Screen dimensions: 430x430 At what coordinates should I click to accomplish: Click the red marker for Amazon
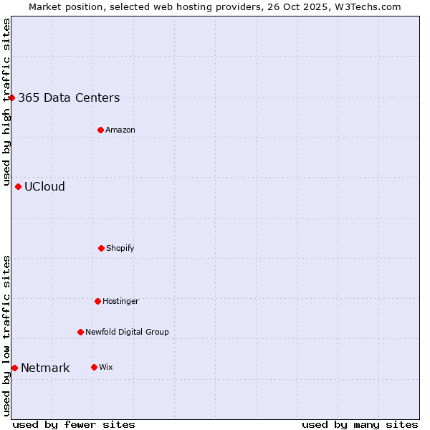[x=100, y=130]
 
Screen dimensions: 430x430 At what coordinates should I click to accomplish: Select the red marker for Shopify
[x=101, y=248]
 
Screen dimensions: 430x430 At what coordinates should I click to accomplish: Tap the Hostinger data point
[x=97, y=301]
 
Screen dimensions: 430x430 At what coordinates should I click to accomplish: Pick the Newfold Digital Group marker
[x=80, y=332]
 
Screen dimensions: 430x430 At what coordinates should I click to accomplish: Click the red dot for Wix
[x=94, y=367]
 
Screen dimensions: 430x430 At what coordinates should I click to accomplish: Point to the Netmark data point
[x=14, y=368]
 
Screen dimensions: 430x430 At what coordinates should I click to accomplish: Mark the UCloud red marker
[x=18, y=186]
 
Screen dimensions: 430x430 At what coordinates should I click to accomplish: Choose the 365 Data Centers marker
[x=12, y=97]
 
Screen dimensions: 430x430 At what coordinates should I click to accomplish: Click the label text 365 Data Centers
[x=69, y=98]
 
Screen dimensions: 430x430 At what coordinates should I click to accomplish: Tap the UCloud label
[x=44, y=187]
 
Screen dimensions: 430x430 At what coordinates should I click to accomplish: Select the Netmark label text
[x=45, y=368]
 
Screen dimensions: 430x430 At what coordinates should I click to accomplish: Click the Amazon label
[x=120, y=130]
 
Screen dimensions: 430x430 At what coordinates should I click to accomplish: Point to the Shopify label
[x=120, y=249]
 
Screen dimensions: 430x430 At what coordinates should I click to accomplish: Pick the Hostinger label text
[x=120, y=302]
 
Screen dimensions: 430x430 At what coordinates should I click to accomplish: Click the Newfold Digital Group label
[x=127, y=333]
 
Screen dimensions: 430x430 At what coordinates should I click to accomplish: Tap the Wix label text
[x=106, y=368]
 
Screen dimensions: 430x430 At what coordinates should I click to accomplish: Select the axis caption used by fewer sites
[x=74, y=424]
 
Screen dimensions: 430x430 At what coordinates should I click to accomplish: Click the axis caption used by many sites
[x=360, y=424]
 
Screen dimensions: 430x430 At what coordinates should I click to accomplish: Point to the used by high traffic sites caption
[x=6, y=102]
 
